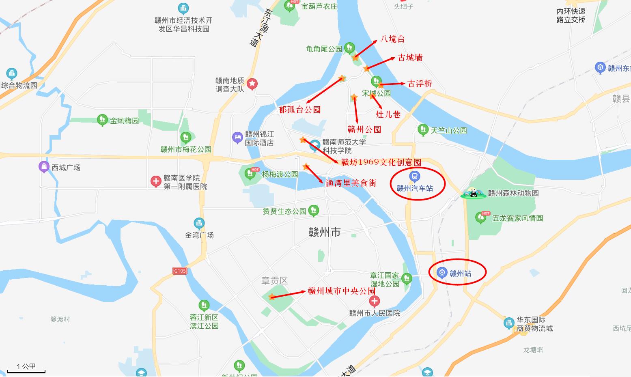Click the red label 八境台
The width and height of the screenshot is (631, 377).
pos(392,39)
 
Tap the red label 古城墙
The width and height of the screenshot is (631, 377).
pos(410,58)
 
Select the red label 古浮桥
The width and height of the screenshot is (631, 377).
pos(420,84)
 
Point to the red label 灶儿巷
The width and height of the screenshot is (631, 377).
pos(388,114)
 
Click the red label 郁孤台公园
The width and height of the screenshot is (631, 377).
pos(300,110)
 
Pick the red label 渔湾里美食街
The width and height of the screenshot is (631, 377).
pos(351,183)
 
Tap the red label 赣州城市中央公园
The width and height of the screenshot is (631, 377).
pos(341,291)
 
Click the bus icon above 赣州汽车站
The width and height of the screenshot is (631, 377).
pos(414,177)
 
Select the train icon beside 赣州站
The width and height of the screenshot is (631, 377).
pos(442,273)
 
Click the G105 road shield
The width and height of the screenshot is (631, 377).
pos(179,271)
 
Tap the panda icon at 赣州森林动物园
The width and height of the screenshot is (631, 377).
pos(473,193)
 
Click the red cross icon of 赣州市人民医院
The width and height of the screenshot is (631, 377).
pos(374,302)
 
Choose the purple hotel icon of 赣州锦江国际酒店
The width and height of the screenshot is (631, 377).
pos(237,138)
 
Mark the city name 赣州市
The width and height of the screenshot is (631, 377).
pos(324,233)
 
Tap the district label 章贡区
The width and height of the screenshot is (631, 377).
pos(274,280)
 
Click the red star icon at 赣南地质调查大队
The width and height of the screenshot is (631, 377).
pos(252,84)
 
